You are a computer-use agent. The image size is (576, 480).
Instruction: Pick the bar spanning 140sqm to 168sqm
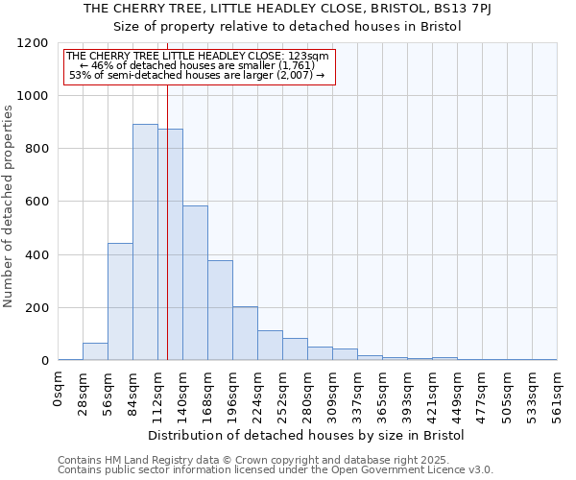(x=195, y=283)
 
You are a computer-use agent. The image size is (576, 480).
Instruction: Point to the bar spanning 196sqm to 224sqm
(x=245, y=333)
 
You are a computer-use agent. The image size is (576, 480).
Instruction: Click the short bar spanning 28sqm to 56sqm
(x=95, y=351)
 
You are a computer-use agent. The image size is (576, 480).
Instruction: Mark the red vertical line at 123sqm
(x=167, y=211)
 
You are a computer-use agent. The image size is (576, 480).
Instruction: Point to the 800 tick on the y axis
(x=36, y=149)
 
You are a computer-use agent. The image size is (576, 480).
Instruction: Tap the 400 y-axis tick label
(x=36, y=255)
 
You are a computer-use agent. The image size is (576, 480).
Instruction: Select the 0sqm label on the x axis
(x=59, y=388)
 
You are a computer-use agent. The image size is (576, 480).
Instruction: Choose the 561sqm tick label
(x=558, y=394)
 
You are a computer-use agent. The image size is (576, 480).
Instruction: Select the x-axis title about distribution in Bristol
(x=307, y=435)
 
